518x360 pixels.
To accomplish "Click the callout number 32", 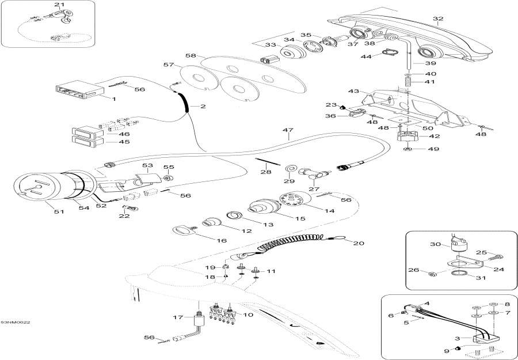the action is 438,18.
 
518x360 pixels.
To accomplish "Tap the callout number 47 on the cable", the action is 288,130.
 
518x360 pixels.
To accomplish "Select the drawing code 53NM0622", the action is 15,323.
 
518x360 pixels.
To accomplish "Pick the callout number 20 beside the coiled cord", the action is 359,243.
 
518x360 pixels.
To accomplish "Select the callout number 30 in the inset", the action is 436,244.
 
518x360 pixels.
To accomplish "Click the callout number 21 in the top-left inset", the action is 59,5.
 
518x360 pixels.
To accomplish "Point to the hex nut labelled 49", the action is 408,149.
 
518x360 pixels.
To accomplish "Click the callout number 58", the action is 191,55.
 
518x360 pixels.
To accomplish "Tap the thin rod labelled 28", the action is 268,162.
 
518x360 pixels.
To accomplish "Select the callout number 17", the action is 178,318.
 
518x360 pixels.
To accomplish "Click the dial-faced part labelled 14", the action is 295,199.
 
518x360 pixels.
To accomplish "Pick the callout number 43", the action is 353,91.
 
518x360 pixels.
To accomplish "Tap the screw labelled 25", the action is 496,257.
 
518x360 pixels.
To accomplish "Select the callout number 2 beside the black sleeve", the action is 203,107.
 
